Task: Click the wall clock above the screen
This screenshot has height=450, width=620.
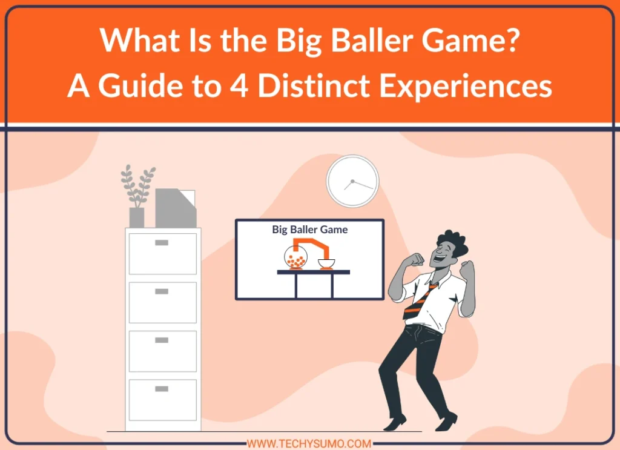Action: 352,181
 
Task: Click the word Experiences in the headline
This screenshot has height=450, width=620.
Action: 465,85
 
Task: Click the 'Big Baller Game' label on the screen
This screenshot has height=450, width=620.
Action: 310,230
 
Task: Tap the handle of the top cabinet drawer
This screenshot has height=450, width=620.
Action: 162,242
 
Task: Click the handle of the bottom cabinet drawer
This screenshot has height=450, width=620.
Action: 162,389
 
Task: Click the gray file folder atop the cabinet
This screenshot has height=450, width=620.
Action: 176,208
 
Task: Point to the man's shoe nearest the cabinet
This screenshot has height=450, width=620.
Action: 395,423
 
